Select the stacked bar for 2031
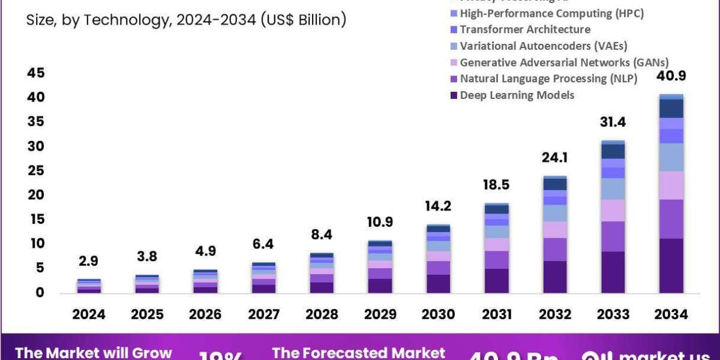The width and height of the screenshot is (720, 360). click(x=497, y=248)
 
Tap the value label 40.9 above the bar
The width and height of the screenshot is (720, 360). click(x=671, y=76)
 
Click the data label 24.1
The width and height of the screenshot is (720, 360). click(x=555, y=158)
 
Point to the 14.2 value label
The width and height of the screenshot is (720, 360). click(x=439, y=206)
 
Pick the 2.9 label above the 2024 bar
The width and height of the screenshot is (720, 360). click(x=89, y=260)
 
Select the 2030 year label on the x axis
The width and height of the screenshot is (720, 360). click(x=439, y=314)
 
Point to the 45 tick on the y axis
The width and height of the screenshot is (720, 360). click(x=35, y=73)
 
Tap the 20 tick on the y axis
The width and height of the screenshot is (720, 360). click(x=35, y=195)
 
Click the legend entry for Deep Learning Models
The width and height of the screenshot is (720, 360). click(x=517, y=95)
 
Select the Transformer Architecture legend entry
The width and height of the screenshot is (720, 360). click(x=525, y=29)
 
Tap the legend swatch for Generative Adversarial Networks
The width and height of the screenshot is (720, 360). click(x=454, y=62)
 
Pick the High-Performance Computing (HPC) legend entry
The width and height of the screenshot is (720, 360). click(x=551, y=13)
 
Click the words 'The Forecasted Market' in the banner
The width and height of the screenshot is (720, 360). click(x=358, y=352)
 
